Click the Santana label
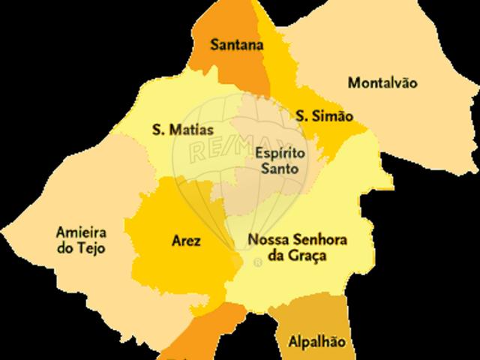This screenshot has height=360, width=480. (x=237, y=45)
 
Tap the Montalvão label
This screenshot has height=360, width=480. (x=382, y=82)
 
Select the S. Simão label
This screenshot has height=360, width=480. (x=324, y=116)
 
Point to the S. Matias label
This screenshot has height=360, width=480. (x=177, y=130)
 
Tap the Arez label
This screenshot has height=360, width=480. (x=186, y=241)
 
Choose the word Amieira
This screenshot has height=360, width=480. (x=81, y=232)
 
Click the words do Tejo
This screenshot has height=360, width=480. (x=81, y=248)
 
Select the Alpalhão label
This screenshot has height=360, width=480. (x=317, y=342)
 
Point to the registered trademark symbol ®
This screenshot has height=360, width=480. (x=258, y=262)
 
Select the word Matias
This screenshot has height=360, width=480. (x=187, y=130)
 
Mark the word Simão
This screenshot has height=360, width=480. (x=334, y=116)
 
